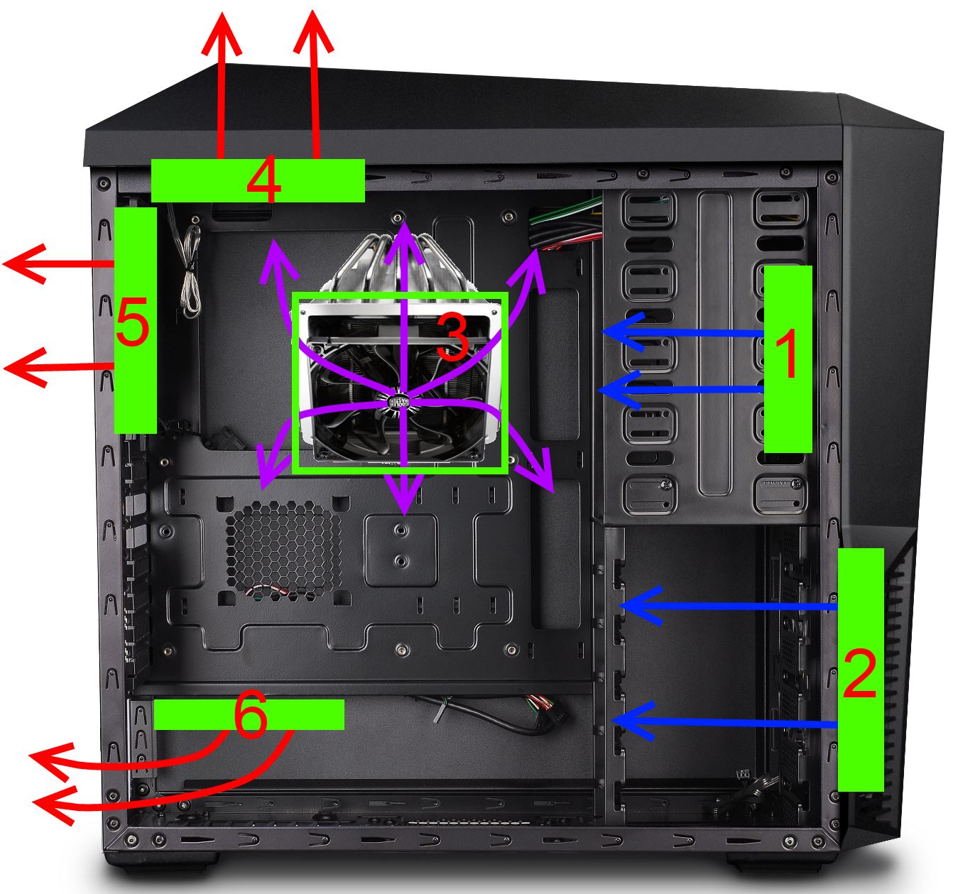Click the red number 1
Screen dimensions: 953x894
[787, 354]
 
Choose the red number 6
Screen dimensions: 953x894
[251, 714]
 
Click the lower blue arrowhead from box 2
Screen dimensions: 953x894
[633, 720]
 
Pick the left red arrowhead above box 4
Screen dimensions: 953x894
[222, 33]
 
